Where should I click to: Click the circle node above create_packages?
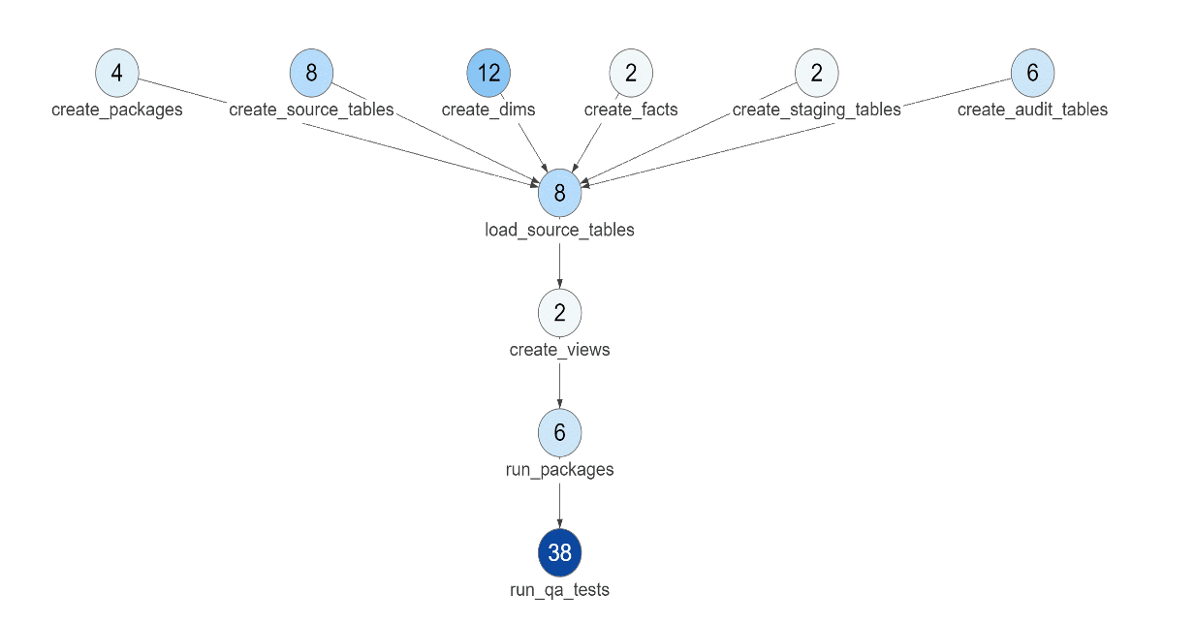117,73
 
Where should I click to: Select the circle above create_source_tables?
311,73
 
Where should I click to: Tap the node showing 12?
488,73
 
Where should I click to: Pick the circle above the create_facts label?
631,73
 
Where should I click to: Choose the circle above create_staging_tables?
817,73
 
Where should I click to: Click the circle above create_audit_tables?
1032,73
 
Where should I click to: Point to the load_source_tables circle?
560,193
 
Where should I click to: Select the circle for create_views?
560,312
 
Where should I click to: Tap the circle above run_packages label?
560,432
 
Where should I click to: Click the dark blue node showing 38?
560,552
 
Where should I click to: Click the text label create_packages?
117,109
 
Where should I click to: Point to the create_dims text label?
488,109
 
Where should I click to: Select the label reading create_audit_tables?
1032,109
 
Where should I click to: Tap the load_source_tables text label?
560,231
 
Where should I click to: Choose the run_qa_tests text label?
560,589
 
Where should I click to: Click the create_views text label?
560,350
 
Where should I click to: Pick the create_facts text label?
631,109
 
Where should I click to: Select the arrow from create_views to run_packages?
560,385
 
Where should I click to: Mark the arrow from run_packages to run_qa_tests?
560,505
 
